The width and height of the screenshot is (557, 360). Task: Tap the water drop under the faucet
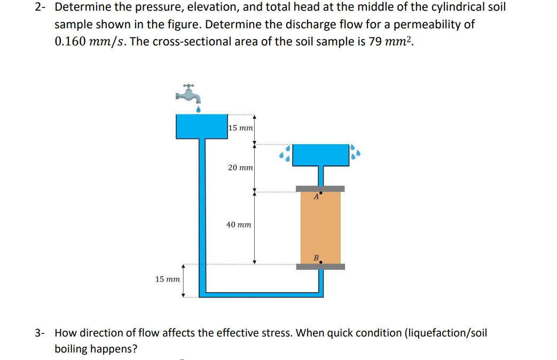click(x=199, y=109)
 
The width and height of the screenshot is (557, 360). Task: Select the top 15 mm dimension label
click(x=240, y=128)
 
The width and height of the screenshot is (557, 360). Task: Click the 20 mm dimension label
click(x=240, y=168)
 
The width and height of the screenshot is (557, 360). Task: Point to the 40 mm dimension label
click(x=239, y=225)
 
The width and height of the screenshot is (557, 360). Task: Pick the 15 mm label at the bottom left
click(x=168, y=279)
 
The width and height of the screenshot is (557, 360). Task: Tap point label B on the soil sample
click(x=316, y=258)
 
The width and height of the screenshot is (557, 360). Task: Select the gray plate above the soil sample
click(x=320, y=189)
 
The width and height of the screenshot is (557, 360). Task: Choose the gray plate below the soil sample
click(x=320, y=267)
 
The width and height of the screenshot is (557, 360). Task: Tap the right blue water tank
click(x=320, y=155)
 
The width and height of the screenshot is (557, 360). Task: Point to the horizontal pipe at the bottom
click(x=262, y=293)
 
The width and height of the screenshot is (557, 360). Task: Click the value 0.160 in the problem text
click(x=70, y=42)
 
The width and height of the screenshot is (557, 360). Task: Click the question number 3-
click(x=40, y=333)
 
